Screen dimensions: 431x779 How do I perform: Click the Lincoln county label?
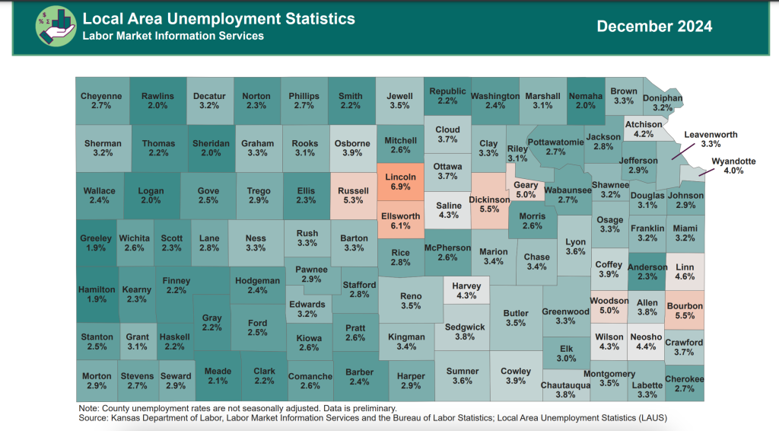(x=401, y=177)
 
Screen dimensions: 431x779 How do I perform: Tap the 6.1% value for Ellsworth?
(x=401, y=226)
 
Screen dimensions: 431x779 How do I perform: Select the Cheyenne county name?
(x=101, y=97)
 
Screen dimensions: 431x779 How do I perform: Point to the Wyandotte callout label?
(x=733, y=161)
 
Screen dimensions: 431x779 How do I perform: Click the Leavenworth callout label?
(x=711, y=135)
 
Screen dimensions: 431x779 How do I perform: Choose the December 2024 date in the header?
(x=654, y=27)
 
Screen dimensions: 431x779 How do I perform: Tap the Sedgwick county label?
(x=465, y=327)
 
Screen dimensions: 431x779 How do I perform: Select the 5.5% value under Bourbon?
(x=684, y=316)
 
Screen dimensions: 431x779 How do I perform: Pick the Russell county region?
(x=353, y=196)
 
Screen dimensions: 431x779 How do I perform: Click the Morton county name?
(x=97, y=376)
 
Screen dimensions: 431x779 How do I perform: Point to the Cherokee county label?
(x=684, y=379)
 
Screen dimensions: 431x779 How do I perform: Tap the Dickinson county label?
(x=488, y=200)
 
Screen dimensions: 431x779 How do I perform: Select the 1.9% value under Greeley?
(x=96, y=248)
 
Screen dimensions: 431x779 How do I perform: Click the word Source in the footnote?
(x=93, y=417)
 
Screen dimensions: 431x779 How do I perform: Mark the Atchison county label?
(x=643, y=125)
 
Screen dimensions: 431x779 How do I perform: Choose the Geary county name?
(x=526, y=185)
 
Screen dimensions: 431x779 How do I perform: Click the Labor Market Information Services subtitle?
(x=173, y=36)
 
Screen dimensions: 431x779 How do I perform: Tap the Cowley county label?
(x=516, y=372)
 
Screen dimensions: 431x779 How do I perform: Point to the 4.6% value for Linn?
(x=685, y=277)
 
